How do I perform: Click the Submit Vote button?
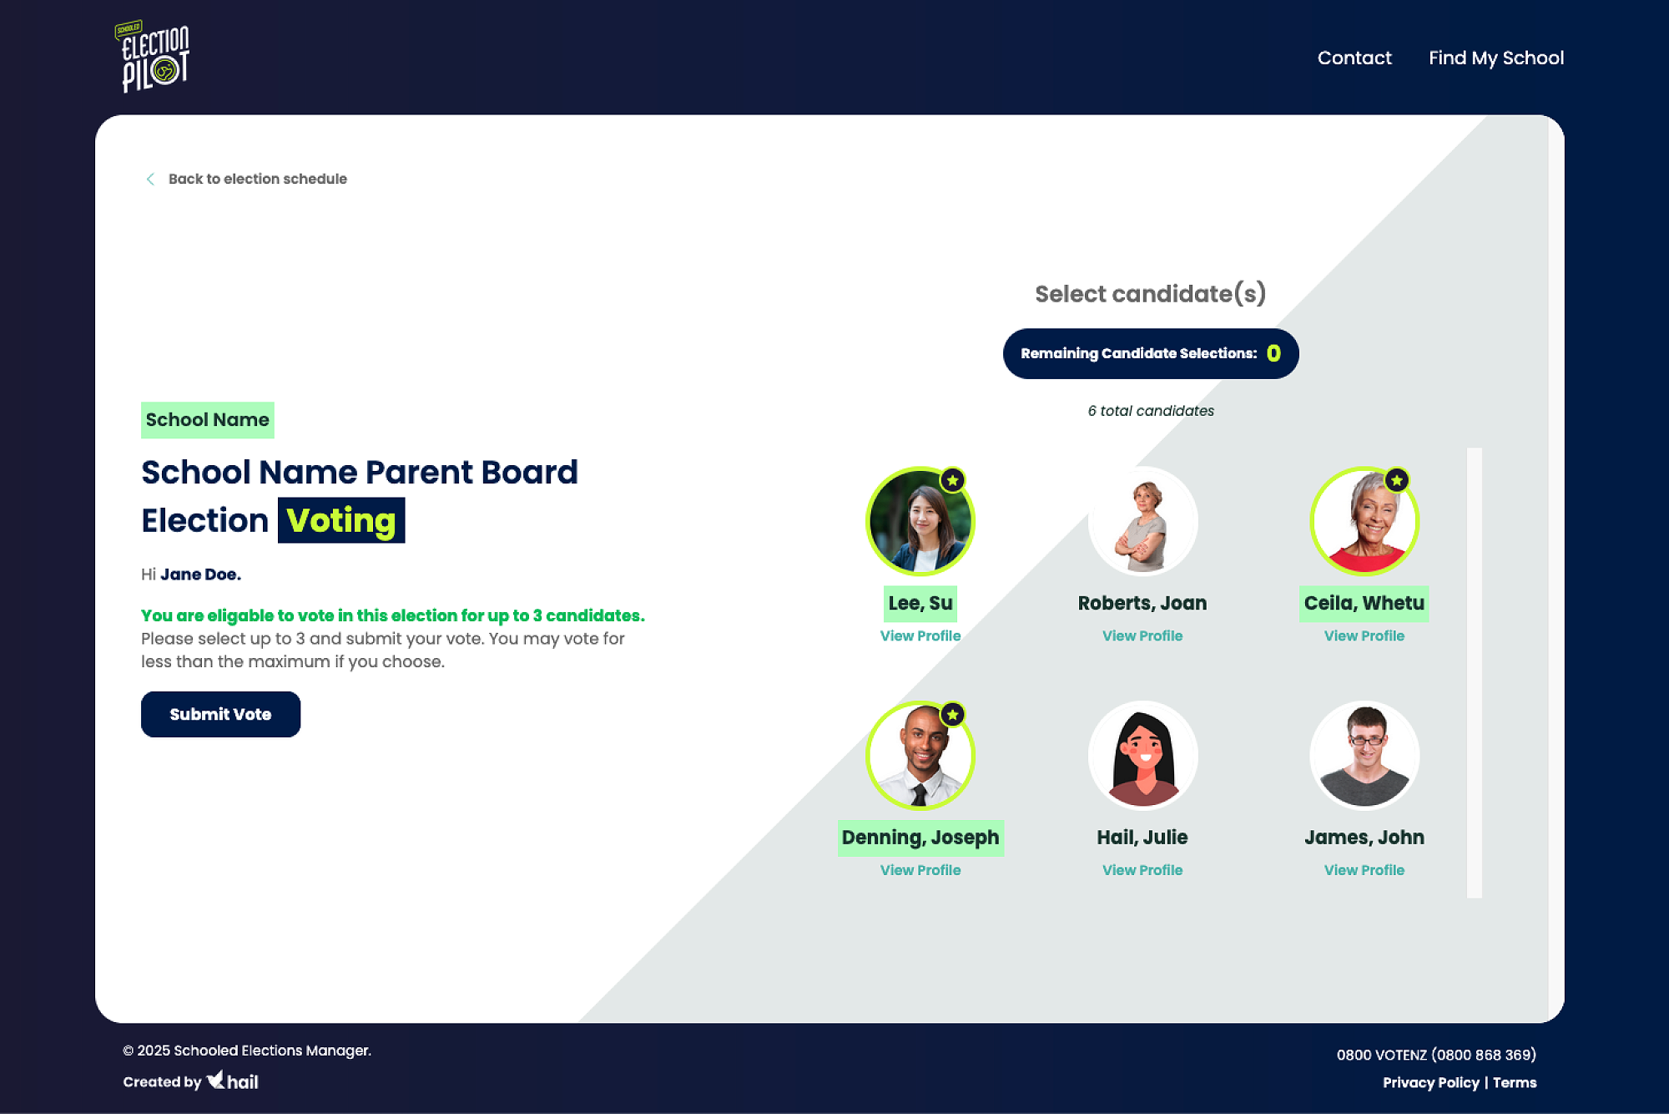(x=220, y=714)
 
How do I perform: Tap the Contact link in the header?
(x=1354, y=58)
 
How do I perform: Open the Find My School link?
(x=1496, y=58)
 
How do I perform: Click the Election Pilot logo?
(x=153, y=56)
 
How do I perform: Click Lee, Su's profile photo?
(x=920, y=521)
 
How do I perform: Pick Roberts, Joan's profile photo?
(x=1142, y=521)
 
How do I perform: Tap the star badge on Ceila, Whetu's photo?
(x=1397, y=480)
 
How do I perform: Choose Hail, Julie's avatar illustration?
(x=1142, y=755)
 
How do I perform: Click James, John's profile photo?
(x=1364, y=755)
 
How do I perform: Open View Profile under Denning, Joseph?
(x=920, y=870)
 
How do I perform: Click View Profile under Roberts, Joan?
(x=1142, y=635)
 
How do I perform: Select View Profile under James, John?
(x=1364, y=870)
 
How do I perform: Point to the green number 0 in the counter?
(x=1273, y=353)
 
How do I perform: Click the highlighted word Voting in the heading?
(x=341, y=520)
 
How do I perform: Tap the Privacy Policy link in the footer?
(x=1430, y=1082)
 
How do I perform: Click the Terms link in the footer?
(x=1515, y=1082)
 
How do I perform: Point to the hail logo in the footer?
(x=232, y=1081)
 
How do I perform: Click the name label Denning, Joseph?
(x=920, y=838)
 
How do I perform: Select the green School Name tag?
(x=208, y=420)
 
